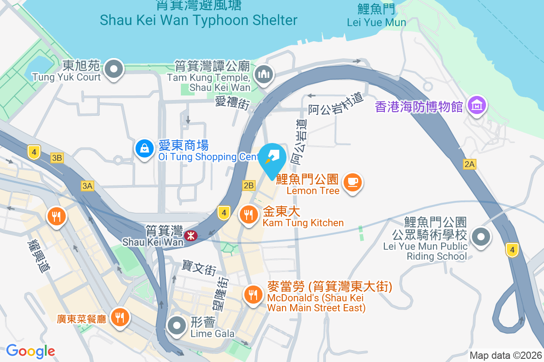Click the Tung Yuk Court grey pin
[113, 70]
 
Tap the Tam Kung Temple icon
[263, 74]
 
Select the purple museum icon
[477, 105]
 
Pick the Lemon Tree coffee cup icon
[353, 182]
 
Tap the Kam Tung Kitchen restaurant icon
[248, 214]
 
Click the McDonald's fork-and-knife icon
[252, 295]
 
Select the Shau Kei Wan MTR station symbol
[190, 235]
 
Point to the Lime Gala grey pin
[176, 325]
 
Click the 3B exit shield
[57, 158]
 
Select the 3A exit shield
[87, 186]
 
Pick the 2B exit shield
[249, 186]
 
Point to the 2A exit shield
[469, 165]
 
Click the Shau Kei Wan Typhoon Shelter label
[199, 20]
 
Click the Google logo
[30, 351]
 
